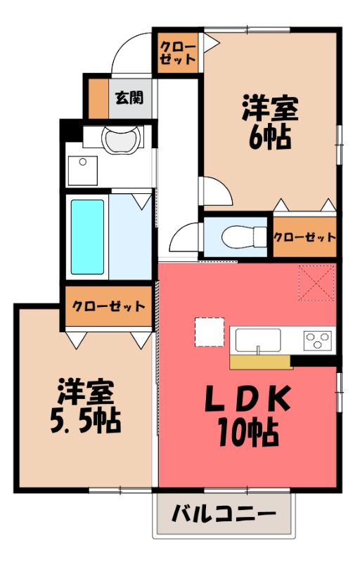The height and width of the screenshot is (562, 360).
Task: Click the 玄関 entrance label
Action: point(129,97)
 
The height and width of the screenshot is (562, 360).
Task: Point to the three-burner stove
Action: point(317,341)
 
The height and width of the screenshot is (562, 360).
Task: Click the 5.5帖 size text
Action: point(84,421)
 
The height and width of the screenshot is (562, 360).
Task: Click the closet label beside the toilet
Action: point(304,237)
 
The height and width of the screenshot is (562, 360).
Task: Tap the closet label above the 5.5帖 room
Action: point(109,307)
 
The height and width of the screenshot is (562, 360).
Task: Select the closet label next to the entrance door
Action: point(179,53)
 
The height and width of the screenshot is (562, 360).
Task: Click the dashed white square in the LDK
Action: point(209,332)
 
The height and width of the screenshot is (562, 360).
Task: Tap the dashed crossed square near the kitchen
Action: point(316,282)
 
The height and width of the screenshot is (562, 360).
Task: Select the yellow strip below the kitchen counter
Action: point(260,362)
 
